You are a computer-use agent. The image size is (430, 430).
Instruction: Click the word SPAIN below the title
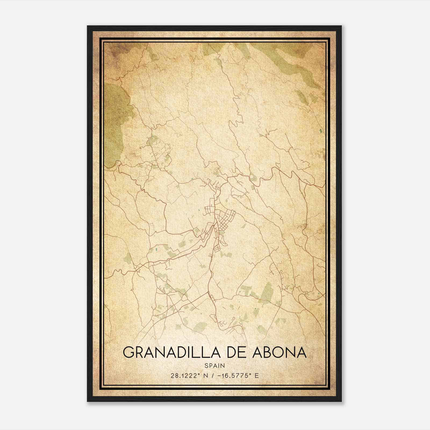point(214,365)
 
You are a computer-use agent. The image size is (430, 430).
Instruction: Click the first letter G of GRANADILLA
point(128,352)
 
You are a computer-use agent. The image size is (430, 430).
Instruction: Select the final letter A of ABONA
point(301,352)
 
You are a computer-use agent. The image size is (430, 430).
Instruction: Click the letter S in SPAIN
point(206,365)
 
